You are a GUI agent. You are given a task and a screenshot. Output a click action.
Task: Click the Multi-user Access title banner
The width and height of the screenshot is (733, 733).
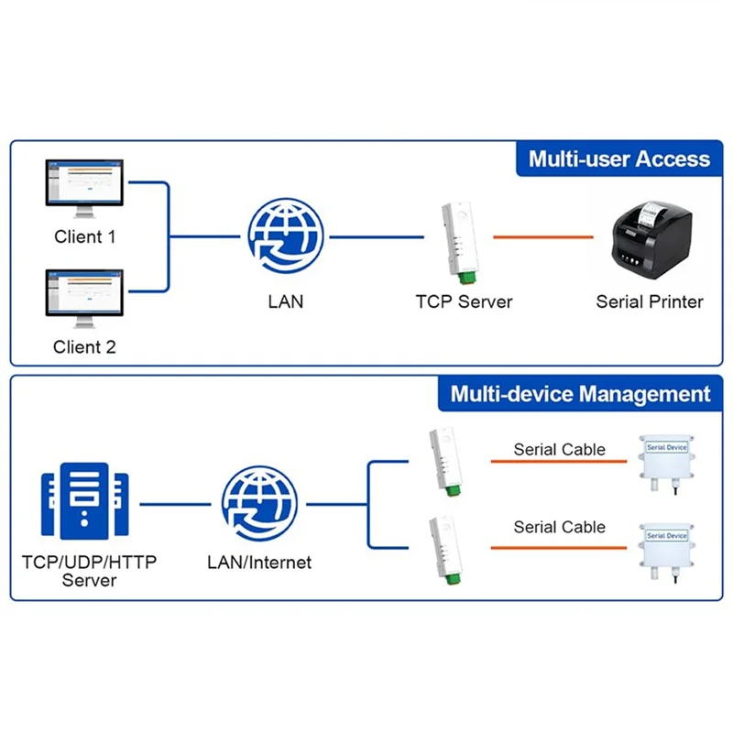click(x=618, y=159)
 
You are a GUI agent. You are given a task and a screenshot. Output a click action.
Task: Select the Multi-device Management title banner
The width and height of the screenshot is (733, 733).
click(x=580, y=395)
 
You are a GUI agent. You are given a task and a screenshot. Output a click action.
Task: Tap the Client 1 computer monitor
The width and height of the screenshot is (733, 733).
click(x=86, y=191)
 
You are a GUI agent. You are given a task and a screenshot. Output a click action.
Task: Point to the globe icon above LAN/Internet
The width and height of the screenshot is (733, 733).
click(x=259, y=504)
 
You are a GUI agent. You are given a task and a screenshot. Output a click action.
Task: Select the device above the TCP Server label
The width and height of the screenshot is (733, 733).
click(x=458, y=238)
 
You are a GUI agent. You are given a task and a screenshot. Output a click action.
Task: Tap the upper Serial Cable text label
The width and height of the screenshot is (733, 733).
click(x=559, y=449)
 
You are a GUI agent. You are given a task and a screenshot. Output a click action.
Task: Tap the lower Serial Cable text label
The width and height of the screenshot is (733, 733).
click(x=559, y=527)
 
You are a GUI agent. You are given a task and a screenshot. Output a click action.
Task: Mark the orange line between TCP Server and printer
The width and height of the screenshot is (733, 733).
click(x=543, y=237)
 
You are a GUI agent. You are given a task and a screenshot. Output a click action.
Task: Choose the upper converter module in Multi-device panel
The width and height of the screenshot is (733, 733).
click(x=442, y=463)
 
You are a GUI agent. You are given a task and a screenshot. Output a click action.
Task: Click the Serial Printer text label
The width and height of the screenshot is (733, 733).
click(x=650, y=301)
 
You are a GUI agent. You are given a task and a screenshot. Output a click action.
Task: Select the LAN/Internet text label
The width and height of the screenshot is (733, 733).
click(x=259, y=563)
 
